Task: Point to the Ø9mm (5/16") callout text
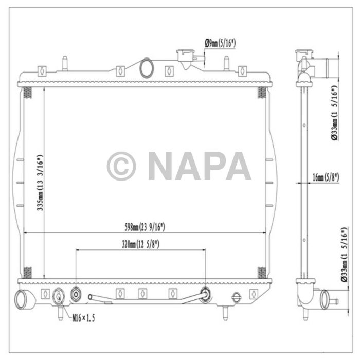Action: [x=220, y=44]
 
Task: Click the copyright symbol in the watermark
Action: [x=121, y=166]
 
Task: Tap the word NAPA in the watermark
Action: [x=199, y=166]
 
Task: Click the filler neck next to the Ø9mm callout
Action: [x=186, y=57]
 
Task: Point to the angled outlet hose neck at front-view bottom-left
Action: [x=25, y=299]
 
